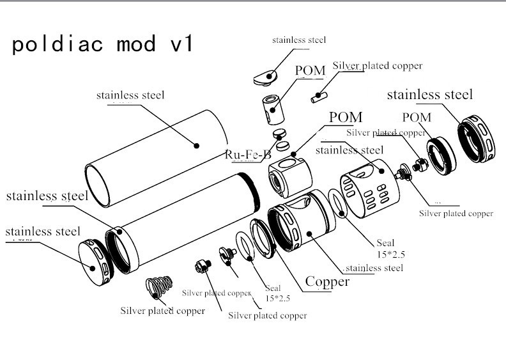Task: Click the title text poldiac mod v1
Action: pyautogui.click(x=103, y=44)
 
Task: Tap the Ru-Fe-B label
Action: pyautogui.click(x=248, y=154)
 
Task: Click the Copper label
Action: pyautogui.click(x=327, y=281)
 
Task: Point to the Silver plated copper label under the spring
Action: pyautogui.click(x=162, y=311)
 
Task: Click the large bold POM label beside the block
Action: pyautogui.click(x=345, y=118)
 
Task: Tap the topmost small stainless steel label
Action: pyautogui.click(x=298, y=40)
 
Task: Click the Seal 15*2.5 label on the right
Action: pyautogui.click(x=385, y=247)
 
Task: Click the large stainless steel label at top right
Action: pyautogui.click(x=429, y=95)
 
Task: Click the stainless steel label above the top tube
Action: pyautogui.click(x=130, y=95)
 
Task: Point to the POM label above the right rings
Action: pyautogui.click(x=417, y=117)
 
